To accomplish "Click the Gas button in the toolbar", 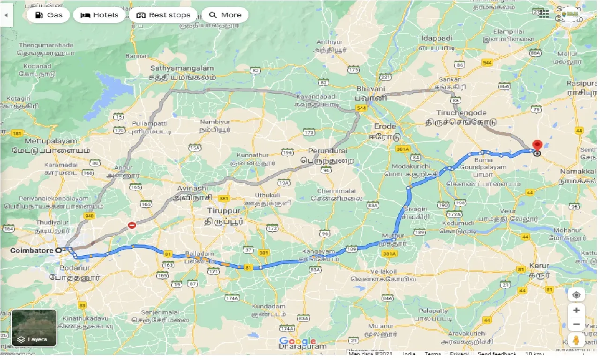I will point(48,15).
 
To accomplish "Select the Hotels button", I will point(99,15).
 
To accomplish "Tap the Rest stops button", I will point(163,15).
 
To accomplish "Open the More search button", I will point(225,15).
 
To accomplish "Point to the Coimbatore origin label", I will point(32,251).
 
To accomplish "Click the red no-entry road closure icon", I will point(132,225).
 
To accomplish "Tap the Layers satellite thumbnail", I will point(34,328).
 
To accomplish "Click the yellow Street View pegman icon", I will point(577,340).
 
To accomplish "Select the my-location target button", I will point(577,295).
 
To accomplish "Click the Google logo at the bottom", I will point(297,341).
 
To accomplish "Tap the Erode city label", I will point(385,127).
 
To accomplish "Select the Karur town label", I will point(539,266).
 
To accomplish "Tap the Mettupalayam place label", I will point(44,141).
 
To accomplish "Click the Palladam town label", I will point(202,254).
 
